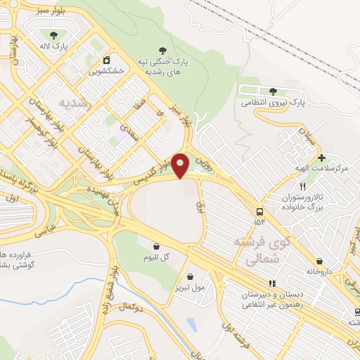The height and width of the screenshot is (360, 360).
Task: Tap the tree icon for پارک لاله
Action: (54, 34)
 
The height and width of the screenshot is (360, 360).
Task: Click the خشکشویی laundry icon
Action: (106, 60)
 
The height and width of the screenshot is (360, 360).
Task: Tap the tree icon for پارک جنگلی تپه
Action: (164, 50)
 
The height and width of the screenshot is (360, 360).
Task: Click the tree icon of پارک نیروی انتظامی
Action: (273, 91)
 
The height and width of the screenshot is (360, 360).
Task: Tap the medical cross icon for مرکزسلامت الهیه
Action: (321, 157)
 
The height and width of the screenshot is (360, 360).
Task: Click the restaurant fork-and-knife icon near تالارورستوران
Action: (303, 187)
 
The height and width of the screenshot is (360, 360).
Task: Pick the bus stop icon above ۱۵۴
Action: (261, 212)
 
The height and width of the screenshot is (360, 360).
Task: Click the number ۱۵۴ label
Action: (261, 223)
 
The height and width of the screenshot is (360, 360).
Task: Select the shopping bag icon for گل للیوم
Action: (156, 245)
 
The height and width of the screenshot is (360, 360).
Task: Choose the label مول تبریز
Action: (191, 288)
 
